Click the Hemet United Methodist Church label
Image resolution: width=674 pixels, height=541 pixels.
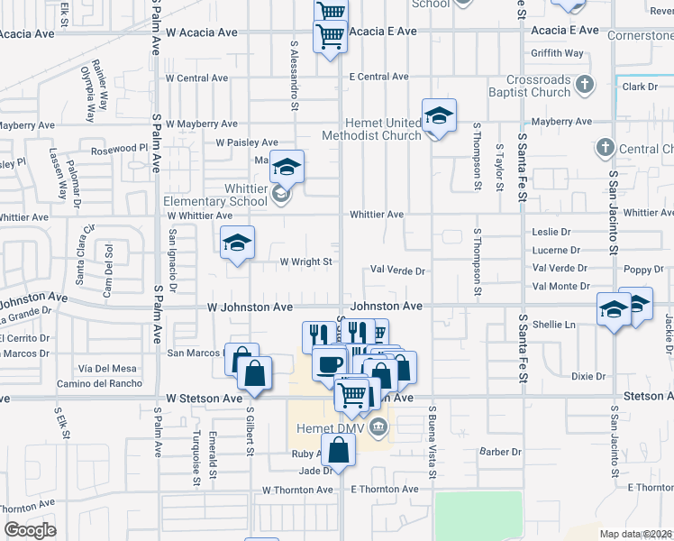click(x=371, y=129)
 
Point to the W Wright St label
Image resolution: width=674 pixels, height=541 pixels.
click(x=306, y=262)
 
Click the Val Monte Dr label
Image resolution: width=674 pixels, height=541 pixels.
click(x=560, y=286)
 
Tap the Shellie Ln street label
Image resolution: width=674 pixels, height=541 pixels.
click(x=554, y=325)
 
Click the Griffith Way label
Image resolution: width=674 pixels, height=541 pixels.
click(x=558, y=53)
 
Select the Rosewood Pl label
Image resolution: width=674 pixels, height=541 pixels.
click(x=113, y=148)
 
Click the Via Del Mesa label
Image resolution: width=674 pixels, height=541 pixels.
click(x=107, y=369)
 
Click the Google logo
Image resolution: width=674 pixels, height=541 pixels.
click(x=30, y=530)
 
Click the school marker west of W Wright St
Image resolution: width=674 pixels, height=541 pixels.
click(x=237, y=243)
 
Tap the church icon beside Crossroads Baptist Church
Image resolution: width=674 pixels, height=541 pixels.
click(x=586, y=86)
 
